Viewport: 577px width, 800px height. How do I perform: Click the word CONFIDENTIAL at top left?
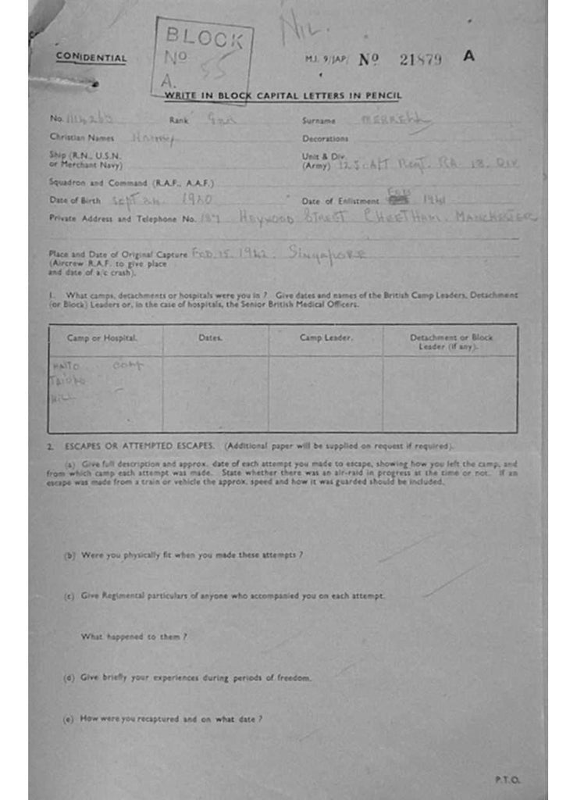pyautogui.click(x=91, y=58)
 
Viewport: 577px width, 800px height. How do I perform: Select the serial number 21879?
pyautogui.click(x=421, y=59)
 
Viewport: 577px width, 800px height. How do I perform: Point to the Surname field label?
pyautogui.click(x=319, y=121)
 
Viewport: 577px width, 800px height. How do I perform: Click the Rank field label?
pyautogui.click(x=179, y=120)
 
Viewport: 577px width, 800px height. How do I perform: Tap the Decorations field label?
pyautogui.click(x=325, y=139)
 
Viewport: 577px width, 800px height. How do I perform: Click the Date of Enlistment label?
pyautogui.click(x=340, y=202)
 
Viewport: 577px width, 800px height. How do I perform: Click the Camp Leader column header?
pyautogui.click(x=326, y=337)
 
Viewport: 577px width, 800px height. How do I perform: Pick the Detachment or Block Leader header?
pyautogui.click(x=451, y=341)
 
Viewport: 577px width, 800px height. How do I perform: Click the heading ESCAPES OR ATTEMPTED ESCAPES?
pyautogui.click(x=139, y=446)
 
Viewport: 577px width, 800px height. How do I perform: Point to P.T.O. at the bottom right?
pyautogui.click(x=507, y=779)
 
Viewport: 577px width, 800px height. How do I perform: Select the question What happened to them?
pyautogui.click(x=134, y=637)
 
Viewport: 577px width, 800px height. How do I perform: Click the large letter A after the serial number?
pyautogui.click(x=468, y=56)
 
